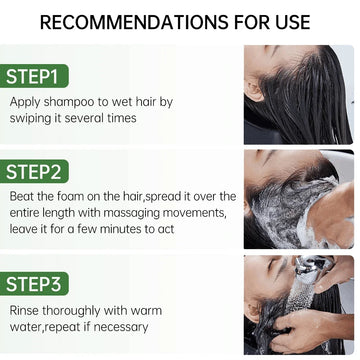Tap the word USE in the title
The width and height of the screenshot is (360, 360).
click(x=289, y=22)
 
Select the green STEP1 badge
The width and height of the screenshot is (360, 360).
click(x=34, y=76)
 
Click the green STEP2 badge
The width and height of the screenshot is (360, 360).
click(x=34, y=171)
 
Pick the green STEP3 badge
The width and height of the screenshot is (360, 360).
click(x=34, y=284)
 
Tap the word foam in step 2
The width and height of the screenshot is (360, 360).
click(x=70, y=196)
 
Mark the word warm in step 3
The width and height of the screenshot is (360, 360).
click(x=146, y=311)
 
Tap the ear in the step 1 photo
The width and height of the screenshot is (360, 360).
click(x=252, y=91)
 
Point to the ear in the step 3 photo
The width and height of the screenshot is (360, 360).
click(x=253, y=312)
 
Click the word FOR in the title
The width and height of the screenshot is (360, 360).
click(x=248, y=22)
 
